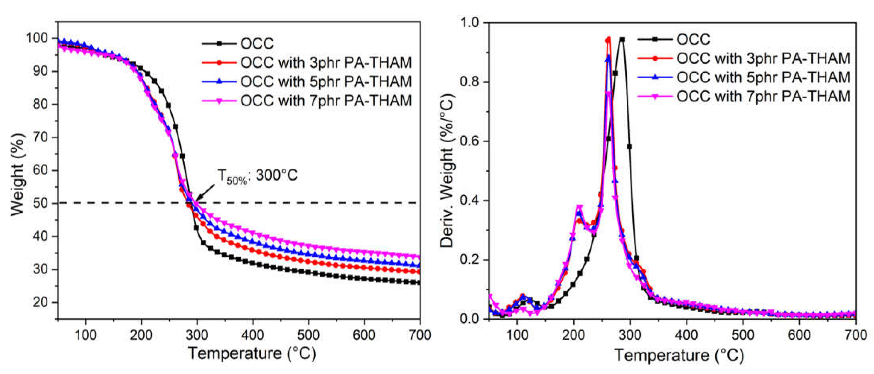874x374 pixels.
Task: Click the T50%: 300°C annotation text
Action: coord(257,176)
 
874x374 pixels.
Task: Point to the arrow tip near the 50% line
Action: coord(196,200)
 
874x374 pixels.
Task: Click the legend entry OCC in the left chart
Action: coord(257,43)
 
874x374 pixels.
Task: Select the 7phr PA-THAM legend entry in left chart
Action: coord(326,100)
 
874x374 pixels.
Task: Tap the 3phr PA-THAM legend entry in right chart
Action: coord(763,58)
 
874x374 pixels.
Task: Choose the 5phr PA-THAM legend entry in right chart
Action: coord(763,77)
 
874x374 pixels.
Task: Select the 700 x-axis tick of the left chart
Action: coord(419,335)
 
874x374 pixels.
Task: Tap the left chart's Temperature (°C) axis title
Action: coord(252,354)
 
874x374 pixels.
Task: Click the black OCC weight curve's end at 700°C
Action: coord(419,282)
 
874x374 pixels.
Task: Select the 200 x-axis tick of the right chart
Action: coord(573,335)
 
